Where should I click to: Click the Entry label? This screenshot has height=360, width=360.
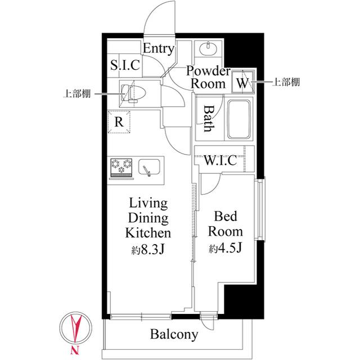click(x=158, y=49)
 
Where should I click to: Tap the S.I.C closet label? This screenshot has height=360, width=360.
click(x=125, y=65)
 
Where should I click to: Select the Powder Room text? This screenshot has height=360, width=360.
click(x=208, y=78)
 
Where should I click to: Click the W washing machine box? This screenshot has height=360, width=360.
click(x=242, y=83)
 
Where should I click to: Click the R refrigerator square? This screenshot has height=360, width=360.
click(x=119, y=121)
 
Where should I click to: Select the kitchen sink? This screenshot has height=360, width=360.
click(x=148, y=168)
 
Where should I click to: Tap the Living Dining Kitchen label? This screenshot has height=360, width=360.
click(x=148, y=218)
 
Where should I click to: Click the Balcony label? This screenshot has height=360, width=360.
click(x=174, y=335)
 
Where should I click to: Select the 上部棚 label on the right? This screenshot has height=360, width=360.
click(x=286, y=83)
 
